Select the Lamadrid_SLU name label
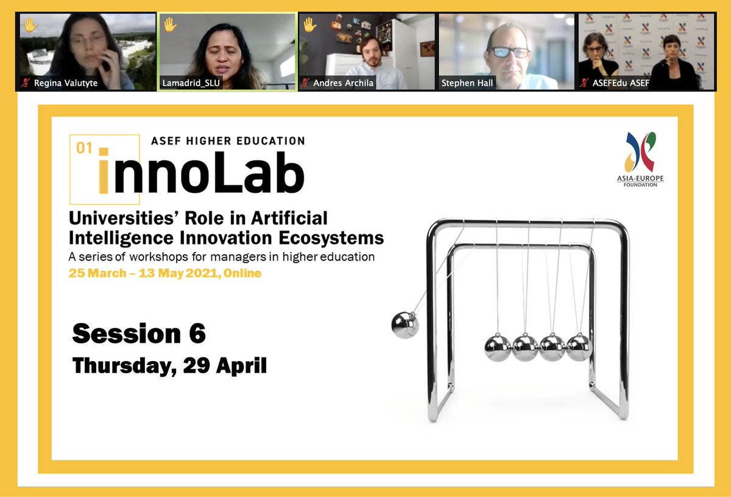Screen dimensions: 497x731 (191, 83)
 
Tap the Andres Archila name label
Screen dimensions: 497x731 (343, 83)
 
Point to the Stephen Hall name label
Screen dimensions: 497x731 (468, 83)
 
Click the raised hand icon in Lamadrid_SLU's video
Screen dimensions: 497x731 (170, 25)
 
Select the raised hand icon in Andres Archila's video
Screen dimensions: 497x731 (309, 25)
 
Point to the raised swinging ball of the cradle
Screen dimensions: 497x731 (404, 324)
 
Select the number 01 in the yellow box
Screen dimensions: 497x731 (83, 148)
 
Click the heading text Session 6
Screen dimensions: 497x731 (139, 334)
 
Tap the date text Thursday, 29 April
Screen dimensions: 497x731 (169, 365)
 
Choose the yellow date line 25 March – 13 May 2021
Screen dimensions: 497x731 (165, 273)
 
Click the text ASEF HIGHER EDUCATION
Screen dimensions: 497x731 (228, 141)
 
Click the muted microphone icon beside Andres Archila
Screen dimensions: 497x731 (305, 83)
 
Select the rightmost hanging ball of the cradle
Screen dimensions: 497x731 (578, 346)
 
